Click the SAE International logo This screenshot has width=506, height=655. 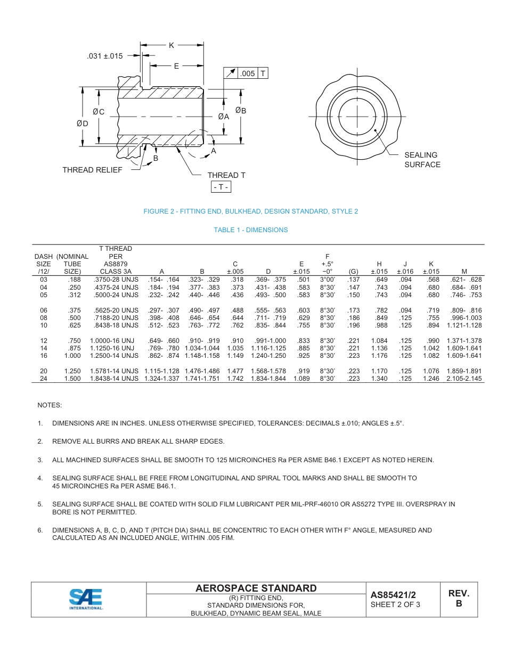tap(86, 599)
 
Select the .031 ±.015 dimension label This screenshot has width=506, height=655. tap(105, 56)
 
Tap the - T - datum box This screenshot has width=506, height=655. tap(221, 187)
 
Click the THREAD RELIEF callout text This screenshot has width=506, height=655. tap(92, 170)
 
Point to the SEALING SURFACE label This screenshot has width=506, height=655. tap(422, 160)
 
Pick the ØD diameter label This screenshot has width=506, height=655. tap(82, 123)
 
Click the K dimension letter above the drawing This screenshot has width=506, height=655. tap(172, 46)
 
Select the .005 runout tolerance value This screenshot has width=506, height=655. tap(248, 73)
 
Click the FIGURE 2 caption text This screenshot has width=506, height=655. tap(251, 211)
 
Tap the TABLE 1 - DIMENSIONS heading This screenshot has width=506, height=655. tap(251, 230)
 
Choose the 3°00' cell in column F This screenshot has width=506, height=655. tap(327, 280)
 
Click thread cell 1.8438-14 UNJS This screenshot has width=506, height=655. tap(115, 379)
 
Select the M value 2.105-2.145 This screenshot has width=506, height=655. tap(464, 379)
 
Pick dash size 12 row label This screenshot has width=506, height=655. tap(44, 341)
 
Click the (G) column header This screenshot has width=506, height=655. tap(353, 272)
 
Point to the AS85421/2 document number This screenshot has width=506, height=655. tap(393, 595)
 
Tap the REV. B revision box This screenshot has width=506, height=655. tap(459, 599)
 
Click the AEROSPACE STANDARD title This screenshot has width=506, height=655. tap(256, 588)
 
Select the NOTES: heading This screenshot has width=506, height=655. tap(50, 405)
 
